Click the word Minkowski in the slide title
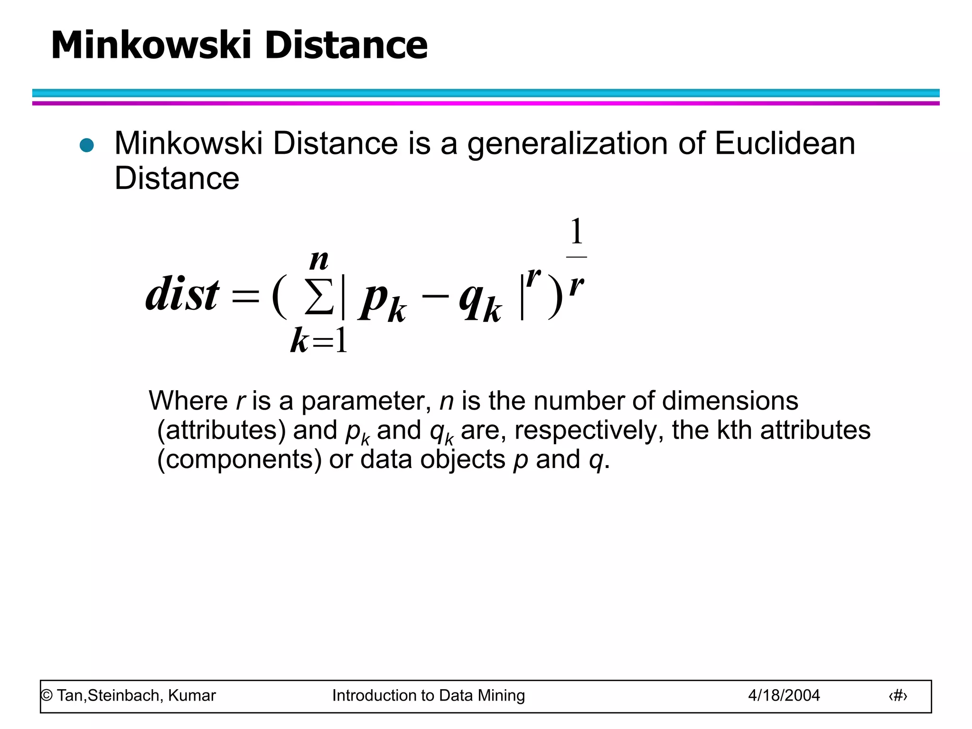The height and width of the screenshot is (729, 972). (x=151, y=46)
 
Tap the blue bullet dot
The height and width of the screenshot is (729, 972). (x=87, y=145)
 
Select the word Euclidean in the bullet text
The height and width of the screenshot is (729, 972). (x=785, y=143)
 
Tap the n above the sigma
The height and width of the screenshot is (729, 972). (x=319, y=261)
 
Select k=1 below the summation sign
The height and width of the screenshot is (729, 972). (x=319, y=341)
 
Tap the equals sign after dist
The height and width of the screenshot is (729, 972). (x=245, y=297)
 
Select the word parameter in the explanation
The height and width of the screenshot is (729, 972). (x=365, y=402)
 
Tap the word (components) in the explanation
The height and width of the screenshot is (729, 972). (x=240, y=459)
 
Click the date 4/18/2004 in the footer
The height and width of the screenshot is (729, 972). (x=784, y=695)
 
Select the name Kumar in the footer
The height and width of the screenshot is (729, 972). (x=192, y=695)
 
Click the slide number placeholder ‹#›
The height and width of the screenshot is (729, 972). (x=897, y=696)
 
